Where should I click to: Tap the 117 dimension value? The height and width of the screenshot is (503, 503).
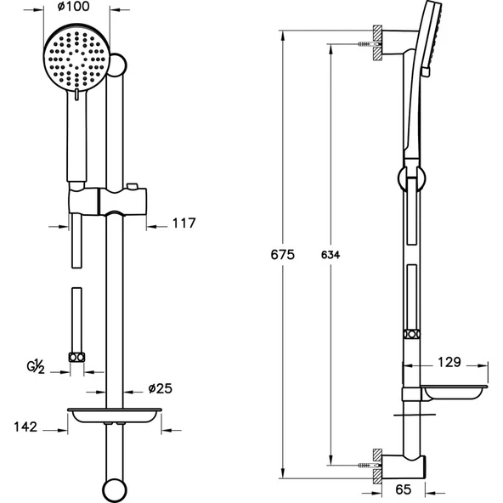pos(183,224)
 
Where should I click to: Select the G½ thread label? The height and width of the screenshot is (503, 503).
pos(35,367)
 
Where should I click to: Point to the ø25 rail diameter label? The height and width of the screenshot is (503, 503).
pos(161,388)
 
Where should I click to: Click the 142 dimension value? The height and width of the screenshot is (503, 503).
pos(25,427)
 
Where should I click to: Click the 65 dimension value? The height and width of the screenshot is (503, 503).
pos(404,489)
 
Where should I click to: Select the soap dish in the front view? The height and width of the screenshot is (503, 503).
pos(113,417)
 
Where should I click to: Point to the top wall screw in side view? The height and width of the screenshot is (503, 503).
pos(367,42)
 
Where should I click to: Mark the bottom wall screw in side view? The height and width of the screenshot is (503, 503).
pos(367,465)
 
